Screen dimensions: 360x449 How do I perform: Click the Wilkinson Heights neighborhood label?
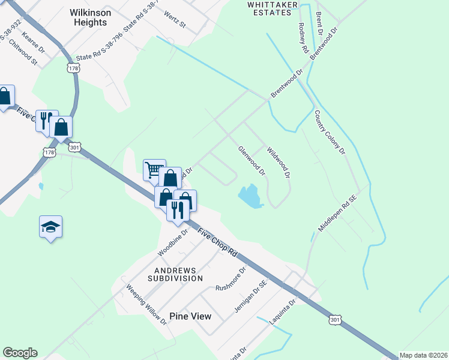[88, 17]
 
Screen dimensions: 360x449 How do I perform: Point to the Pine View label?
[190, 316]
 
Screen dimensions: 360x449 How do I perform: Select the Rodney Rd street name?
[303, 40]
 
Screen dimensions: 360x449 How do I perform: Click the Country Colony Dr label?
[330, 131]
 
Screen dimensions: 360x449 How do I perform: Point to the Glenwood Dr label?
[252, 161]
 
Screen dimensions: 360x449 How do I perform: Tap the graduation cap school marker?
[50, 226]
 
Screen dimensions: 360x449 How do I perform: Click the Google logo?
[20, 353]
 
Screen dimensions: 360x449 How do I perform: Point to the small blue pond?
[251, 196]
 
